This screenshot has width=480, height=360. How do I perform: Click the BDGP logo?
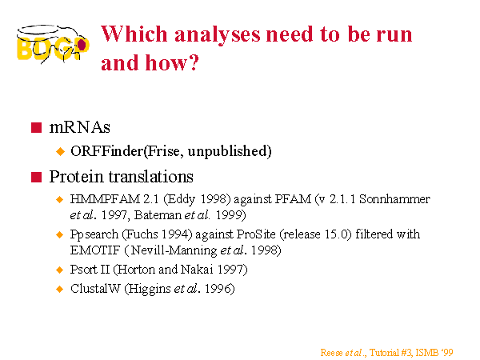53,44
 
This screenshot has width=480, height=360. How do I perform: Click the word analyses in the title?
218,35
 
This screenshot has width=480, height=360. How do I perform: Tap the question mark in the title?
194,62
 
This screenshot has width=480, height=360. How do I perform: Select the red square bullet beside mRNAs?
36,127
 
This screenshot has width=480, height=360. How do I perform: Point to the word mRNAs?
79,127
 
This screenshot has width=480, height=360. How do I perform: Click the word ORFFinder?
107,151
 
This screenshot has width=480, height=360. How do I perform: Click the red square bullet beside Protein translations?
36,177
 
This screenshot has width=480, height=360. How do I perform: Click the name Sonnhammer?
394,199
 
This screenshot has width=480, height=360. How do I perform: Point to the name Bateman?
158,215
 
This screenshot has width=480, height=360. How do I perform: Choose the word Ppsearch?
94,234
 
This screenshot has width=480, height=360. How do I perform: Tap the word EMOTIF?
95,250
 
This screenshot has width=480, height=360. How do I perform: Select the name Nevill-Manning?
174,250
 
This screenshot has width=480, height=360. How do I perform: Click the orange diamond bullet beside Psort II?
60,270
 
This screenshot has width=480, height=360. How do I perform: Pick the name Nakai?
197,270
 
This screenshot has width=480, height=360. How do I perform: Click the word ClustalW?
95,289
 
